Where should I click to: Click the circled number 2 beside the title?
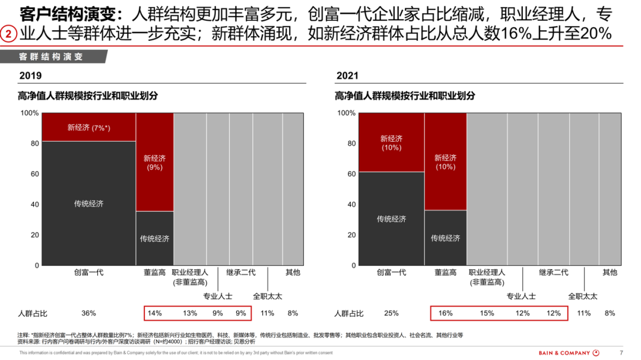point(8,34)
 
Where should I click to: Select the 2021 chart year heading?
point(347,76)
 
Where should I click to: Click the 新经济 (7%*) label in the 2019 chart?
point(88,128)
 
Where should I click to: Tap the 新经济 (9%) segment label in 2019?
point(154,163)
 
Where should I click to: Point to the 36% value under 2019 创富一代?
point(88,313)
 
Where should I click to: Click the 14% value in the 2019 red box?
point(155,313)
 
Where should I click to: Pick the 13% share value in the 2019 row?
point(190,313)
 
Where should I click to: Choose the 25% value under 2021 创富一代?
point(391,313)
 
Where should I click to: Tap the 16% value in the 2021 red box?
point(445,313)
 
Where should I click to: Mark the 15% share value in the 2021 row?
point(486,313)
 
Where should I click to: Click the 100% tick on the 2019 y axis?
point(30,113)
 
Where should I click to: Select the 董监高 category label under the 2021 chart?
point(445,272)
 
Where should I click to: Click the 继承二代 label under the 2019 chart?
point(241,272)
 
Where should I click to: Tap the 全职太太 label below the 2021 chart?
point(582,296)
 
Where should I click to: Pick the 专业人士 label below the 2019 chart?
point(218,296)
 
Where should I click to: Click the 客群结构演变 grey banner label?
point(50,57)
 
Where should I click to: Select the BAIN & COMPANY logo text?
point(564,353)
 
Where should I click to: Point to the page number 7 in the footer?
point(621,353)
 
